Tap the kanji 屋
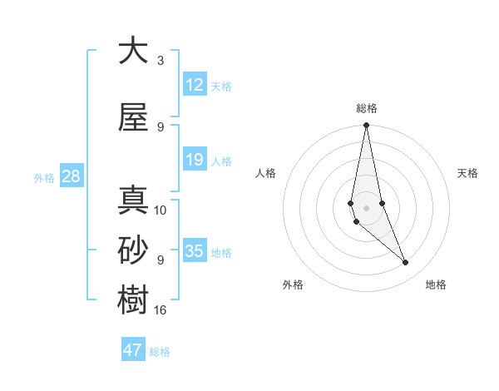click(133, 118)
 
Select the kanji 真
click(133, 201)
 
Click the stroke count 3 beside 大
click(160, 61)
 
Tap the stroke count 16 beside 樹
click(161, 310)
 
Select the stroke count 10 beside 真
click(161, 210)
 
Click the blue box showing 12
click(195, 85)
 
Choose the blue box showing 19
click(195, 160)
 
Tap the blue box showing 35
click(195, 251)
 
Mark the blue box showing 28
click(71, 176)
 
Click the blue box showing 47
click(133, 350)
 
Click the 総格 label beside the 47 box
click(160, 352)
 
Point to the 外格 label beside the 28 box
click(44, 177)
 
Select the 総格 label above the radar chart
click(366, 108)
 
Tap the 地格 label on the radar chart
click(436, 285)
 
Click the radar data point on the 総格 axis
click(366, 126)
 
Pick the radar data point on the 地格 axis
click(406, 263)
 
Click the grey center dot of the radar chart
click(366, 206)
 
